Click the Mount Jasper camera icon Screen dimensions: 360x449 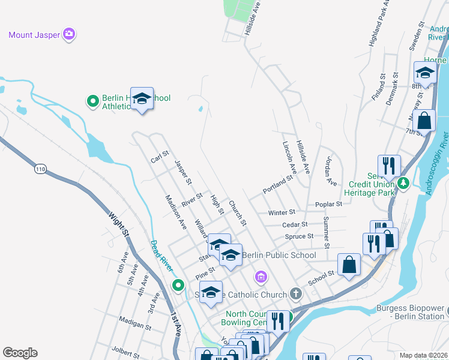69,34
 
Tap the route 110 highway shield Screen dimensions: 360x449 40,170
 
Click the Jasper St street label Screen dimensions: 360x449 183,172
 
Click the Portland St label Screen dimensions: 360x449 277,185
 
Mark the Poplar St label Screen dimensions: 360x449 329,204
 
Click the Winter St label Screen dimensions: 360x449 282,212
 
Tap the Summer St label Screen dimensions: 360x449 326,233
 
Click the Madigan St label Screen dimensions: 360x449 135,323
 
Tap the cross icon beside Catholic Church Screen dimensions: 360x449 295,294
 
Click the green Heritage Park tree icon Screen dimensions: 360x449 405,182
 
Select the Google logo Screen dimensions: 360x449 20,353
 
